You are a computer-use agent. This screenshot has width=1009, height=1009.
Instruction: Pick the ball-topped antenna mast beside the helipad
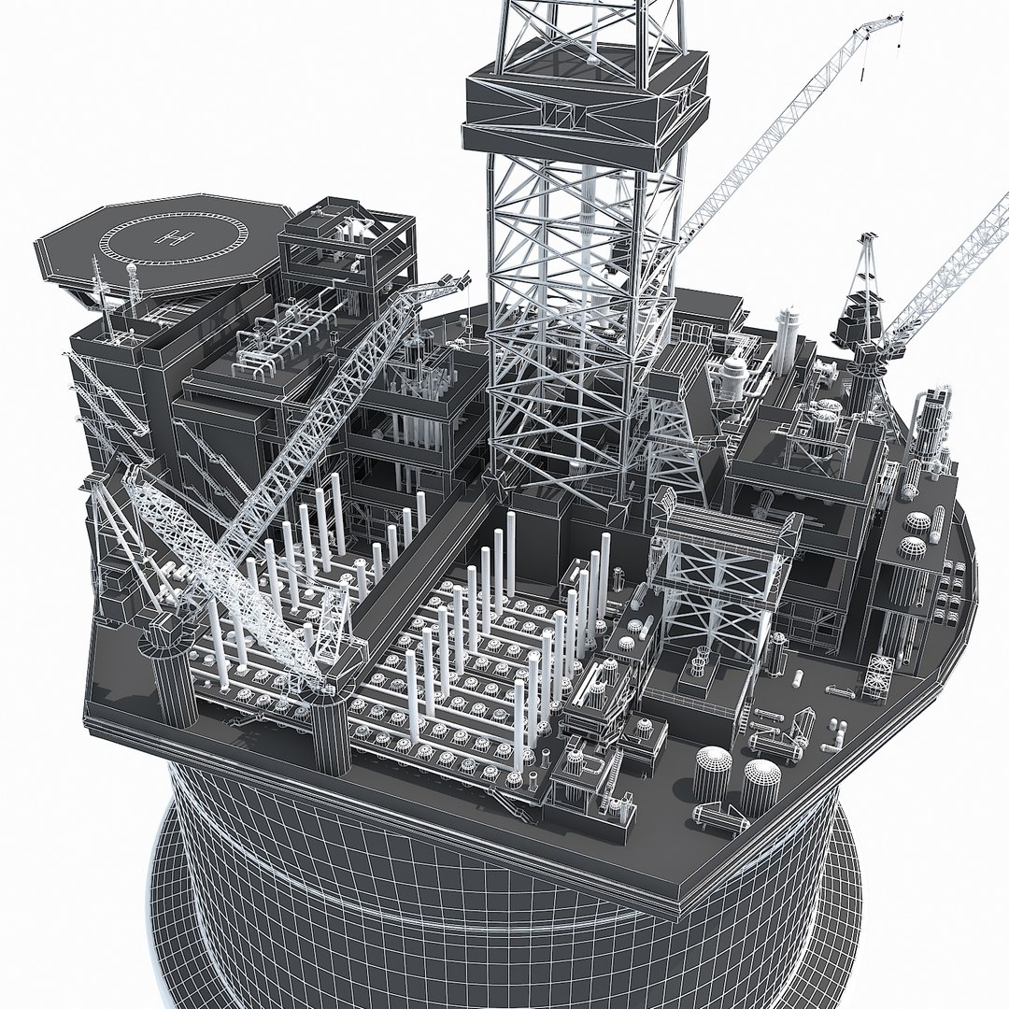[132, 276]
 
